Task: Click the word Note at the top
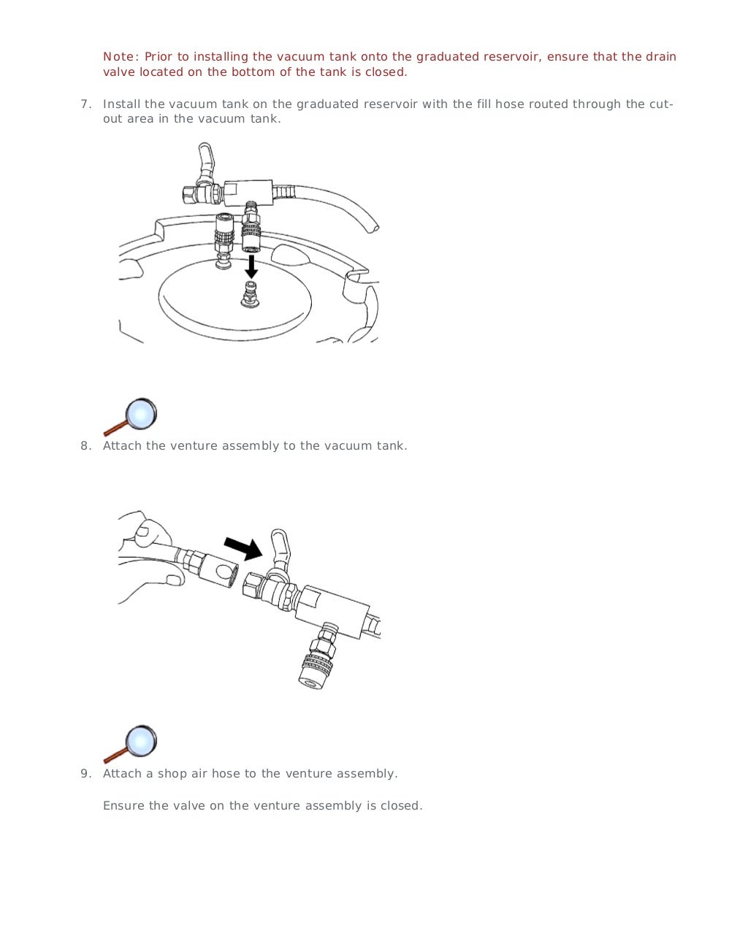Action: point(118,57)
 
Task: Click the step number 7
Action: point(85,104)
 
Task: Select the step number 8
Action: point(85,446)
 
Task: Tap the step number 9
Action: point(85,774)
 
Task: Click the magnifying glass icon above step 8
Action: point(132,416)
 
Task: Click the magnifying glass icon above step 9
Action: point(132,743)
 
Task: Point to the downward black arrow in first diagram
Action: point(251,266)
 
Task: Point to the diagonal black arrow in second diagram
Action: point(243,548)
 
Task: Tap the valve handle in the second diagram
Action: point(279,548)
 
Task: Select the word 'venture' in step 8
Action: point(194,446)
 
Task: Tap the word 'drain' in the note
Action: point(660,57)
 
